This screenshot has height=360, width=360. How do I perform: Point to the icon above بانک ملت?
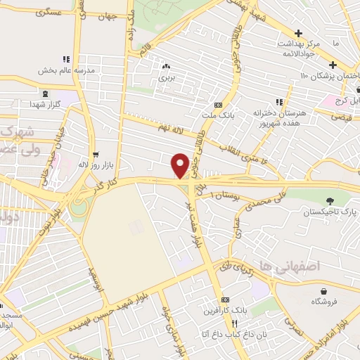point(227,103)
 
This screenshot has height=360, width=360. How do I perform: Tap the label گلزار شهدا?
point(46,104)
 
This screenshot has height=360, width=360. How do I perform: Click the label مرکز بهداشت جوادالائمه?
point(299,49)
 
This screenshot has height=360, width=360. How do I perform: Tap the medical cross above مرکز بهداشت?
point(299,33)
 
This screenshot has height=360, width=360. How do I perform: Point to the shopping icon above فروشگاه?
point(323,291)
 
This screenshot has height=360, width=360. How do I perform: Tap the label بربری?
point(166,78)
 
